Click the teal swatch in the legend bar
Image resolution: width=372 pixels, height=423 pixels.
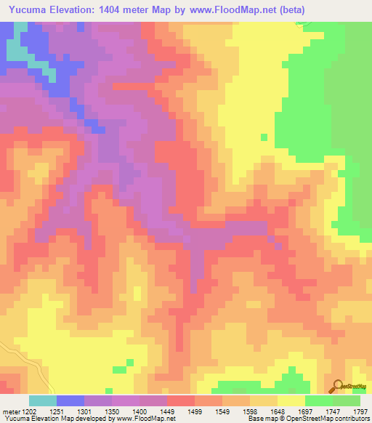[x=43, y=400]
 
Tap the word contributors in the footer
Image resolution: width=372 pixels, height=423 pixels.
[x=349, y=419]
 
